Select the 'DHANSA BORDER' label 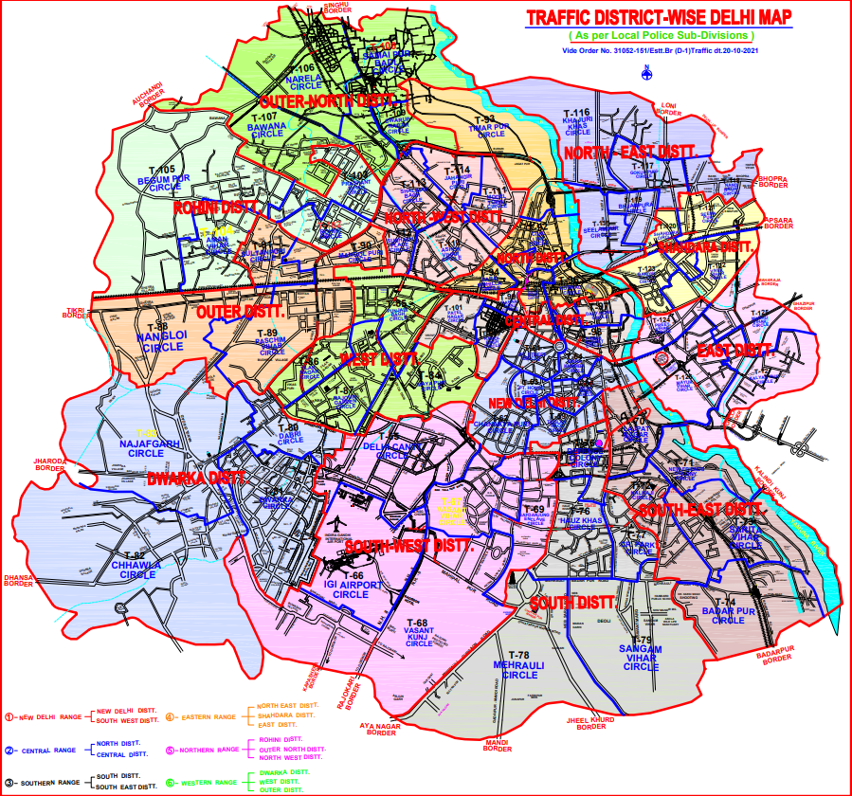[x=18, y=580]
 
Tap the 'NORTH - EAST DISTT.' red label [x=630, y=152]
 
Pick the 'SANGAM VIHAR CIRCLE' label [x=641, y=658]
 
